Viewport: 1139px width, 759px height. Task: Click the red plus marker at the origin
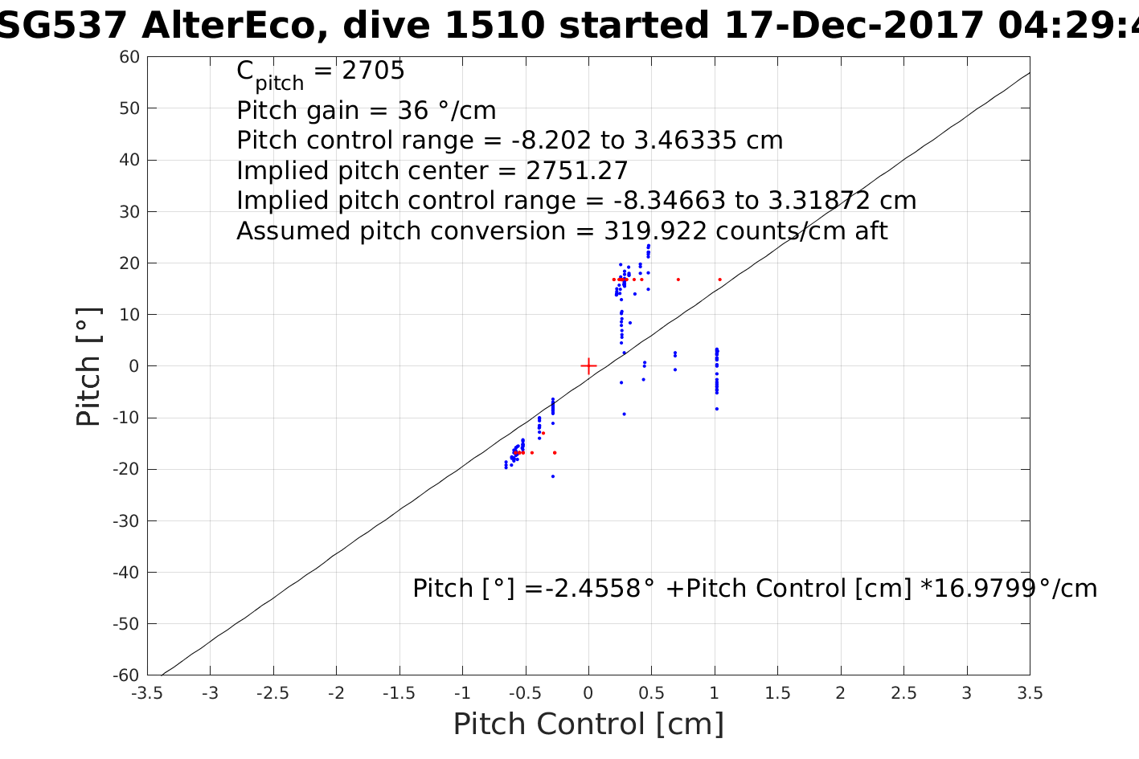click(588, 366)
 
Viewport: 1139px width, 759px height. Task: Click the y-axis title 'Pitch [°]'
click(88, 366)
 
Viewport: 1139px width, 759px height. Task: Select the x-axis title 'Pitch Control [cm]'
click(588, 724)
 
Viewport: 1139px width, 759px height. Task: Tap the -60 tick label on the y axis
click(126, 675)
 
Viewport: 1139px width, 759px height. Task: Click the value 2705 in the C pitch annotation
click(374, 71)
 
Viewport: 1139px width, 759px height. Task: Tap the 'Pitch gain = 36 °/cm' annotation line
click(366, 110)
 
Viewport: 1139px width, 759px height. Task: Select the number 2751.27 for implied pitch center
click(576, 171)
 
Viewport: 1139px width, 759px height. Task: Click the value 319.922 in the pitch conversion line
click(655, 231)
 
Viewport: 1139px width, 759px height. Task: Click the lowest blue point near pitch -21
click(553, 476)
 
